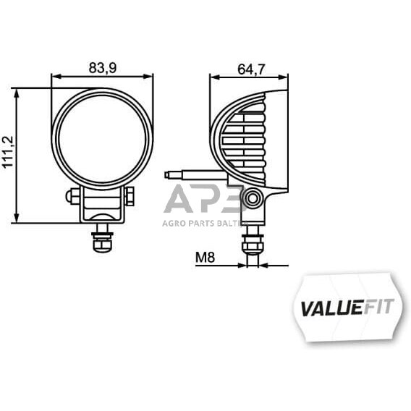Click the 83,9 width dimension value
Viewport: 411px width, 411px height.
coord(103,67)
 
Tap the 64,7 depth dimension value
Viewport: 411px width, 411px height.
coord(251,69)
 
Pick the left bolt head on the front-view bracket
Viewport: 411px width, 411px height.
coord(72,195)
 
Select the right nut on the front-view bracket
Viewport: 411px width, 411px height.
coord(130,195)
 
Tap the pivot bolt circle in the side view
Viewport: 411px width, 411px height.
coord(252,198)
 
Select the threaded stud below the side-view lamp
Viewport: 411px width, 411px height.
coord(252,242)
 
